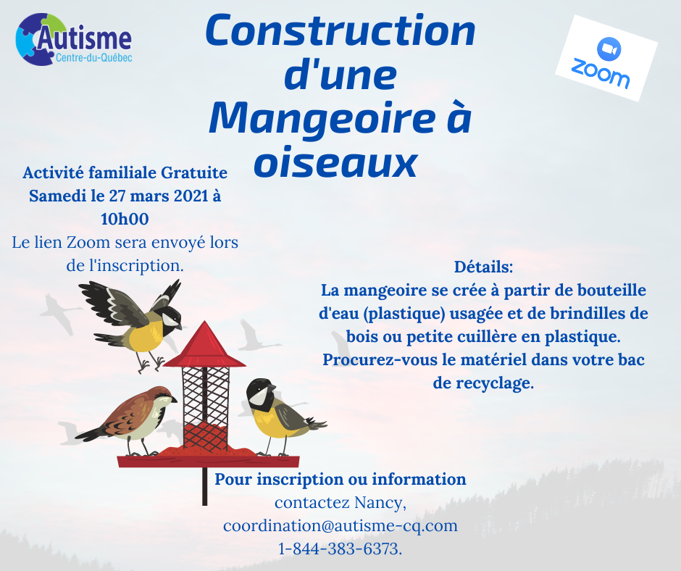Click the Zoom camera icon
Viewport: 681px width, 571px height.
[609, 49]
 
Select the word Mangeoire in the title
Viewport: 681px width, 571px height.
[322, 119]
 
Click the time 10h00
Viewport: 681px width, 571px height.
[125, 219]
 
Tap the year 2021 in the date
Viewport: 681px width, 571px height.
[191, 196]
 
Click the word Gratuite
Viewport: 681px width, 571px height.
[194, 172]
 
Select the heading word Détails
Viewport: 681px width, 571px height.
[483, 267]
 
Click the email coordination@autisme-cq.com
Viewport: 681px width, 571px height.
[340, 525]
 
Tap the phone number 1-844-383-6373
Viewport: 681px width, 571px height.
[340, 549]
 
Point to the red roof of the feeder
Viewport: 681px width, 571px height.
[204, 345]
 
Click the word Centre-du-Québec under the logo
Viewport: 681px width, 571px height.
[93, 58]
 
